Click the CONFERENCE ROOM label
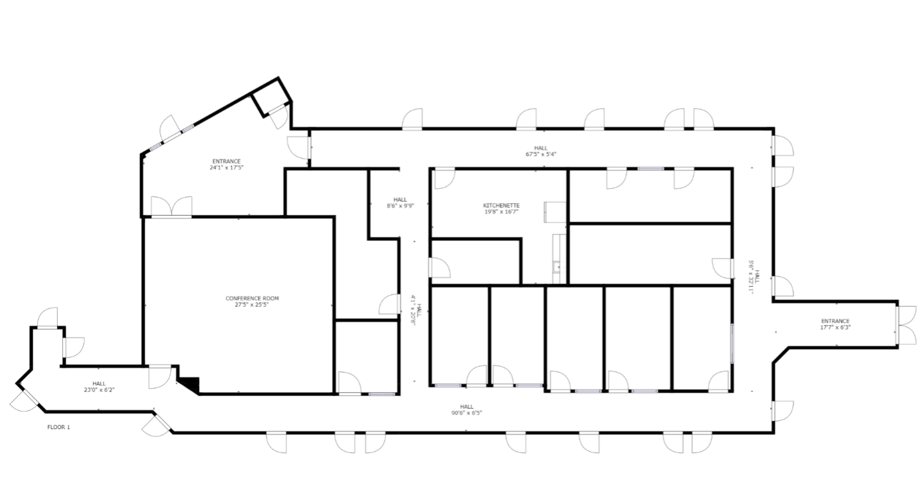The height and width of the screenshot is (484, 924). (252, 299)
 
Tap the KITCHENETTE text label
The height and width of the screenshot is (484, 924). (501, 206)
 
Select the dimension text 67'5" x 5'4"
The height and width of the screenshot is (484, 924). (541, 155)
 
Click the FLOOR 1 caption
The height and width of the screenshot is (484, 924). (58, 427)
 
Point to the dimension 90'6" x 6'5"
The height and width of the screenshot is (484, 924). (467, 413)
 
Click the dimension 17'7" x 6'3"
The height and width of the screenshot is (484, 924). (835, 328)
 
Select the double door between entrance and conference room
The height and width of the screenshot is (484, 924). (171, 207)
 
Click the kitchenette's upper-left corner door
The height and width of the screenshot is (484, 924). (444, 178)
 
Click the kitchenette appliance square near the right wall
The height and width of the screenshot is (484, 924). (554, 212)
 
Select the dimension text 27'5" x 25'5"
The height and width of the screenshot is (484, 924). (252, 304)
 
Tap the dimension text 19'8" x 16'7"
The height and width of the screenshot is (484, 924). (501, 212)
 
